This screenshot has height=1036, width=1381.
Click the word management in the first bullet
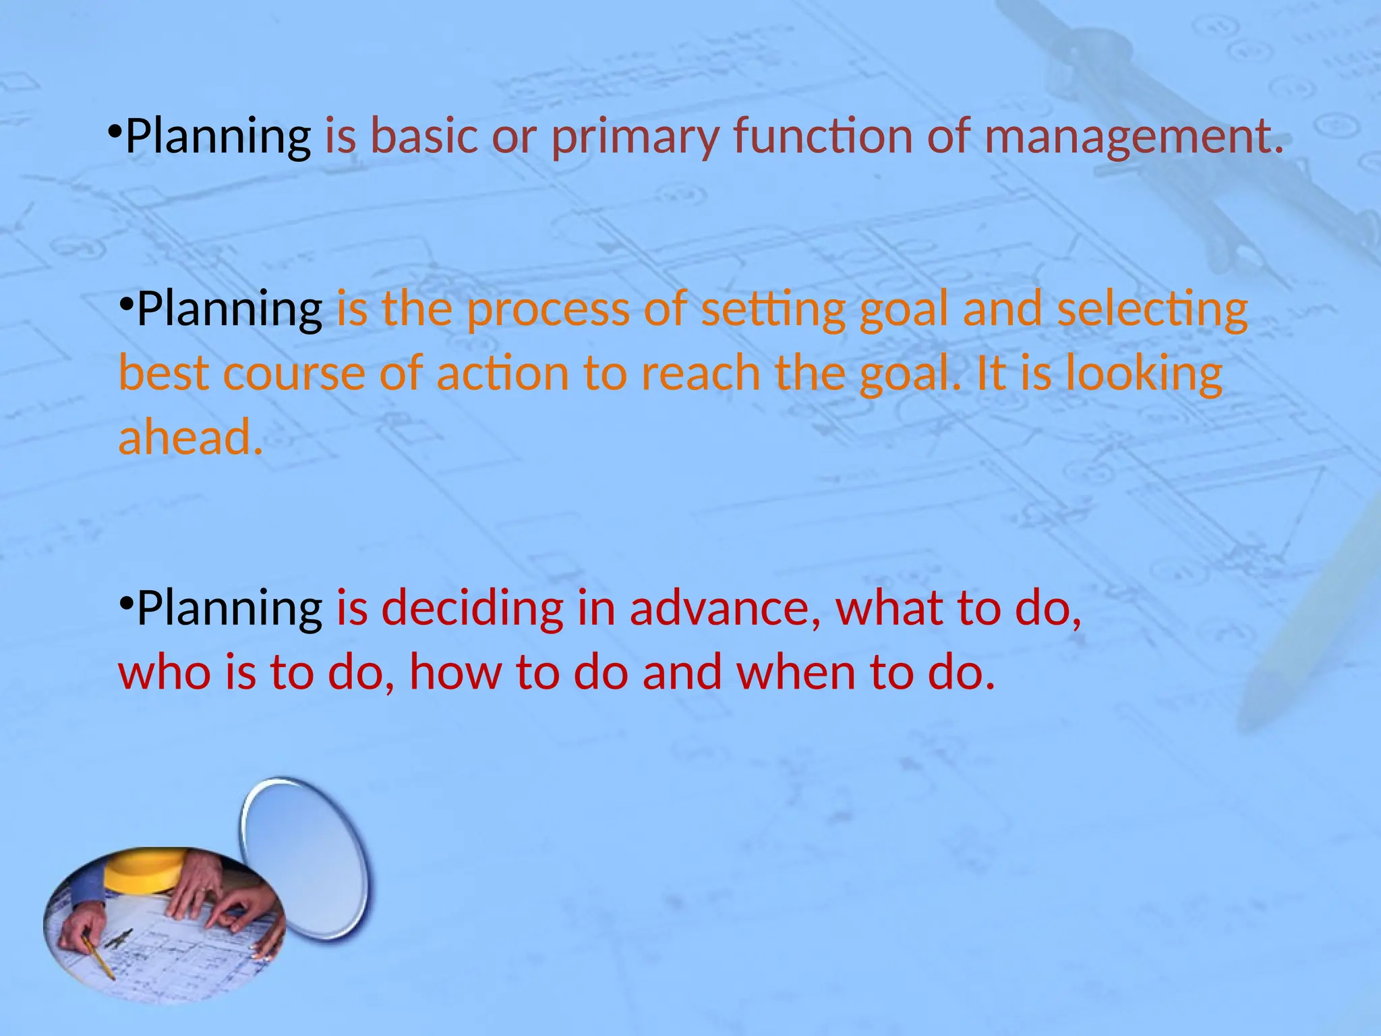click(1134, 136)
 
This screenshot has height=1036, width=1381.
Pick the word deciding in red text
click(472, 608)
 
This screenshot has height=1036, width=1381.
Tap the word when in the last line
click(796, 672)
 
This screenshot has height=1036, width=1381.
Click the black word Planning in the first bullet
click(218, 136)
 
